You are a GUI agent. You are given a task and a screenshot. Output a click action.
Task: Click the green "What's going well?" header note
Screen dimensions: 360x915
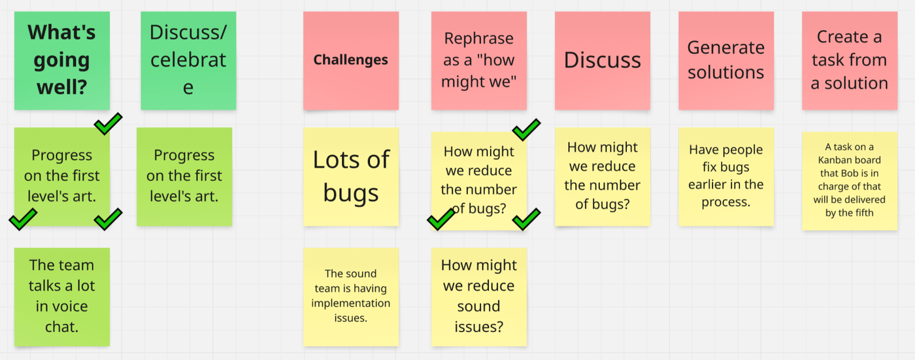pos(61,60)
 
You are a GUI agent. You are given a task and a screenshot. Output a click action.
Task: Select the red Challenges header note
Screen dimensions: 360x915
pos(351,60)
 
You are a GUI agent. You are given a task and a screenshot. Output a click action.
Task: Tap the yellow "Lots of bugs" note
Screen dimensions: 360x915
pos(351,176)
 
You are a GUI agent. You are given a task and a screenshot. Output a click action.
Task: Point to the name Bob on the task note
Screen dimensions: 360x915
pos(840,173)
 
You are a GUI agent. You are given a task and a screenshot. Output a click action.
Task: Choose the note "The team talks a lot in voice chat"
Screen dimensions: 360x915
pos(61,296)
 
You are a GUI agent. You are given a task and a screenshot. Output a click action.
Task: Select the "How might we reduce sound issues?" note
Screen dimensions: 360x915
pos(478,296)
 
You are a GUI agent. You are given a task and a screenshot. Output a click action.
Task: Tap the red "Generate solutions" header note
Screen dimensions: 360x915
pos(725,60)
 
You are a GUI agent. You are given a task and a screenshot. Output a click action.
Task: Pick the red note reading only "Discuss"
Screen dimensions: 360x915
pos(602,60)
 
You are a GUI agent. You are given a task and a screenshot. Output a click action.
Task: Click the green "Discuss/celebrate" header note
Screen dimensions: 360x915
pos(188,60)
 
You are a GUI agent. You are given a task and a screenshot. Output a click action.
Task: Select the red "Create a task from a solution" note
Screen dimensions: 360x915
pos(849,60)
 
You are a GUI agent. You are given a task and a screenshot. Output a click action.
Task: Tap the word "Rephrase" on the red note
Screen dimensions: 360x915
pos(478,39)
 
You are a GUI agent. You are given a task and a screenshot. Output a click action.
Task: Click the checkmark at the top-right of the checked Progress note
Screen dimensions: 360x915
pos(108,122)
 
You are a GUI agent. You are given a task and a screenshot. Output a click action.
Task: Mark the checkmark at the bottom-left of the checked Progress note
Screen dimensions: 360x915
pos(23,220)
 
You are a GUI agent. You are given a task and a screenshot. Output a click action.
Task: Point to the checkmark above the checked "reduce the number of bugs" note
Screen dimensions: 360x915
pos(526,129)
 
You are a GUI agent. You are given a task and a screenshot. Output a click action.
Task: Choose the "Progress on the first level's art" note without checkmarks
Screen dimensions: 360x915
pos(184,176)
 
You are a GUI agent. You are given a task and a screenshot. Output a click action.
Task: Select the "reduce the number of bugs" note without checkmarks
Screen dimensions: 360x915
pos(602,176)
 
